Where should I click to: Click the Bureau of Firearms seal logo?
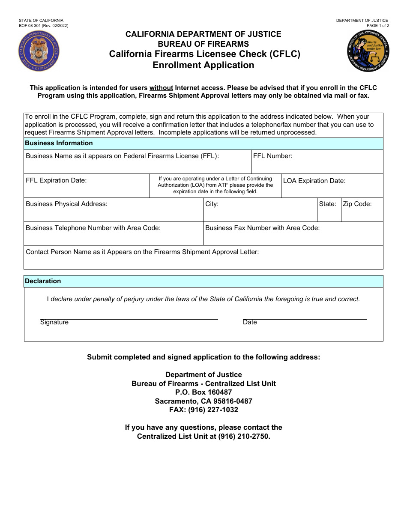pyautogui.click(x=39, y=51)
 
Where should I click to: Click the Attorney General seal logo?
pyautogui.click(x=368, y=51)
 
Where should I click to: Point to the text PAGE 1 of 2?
pyautogui.click(x=375, y=26)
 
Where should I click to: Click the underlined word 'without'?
pyautogui.click(x=161, y=88)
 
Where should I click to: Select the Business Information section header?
pyautogui.click(x=59, y=143)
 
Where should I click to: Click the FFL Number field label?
pyautogui.click(x=272, y=156)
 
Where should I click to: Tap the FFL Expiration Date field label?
pyautogui.click(x=56, y=180)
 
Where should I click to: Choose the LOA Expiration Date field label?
pyautogui.click(x=314, y=181)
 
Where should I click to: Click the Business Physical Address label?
pyautogui.click(x=66, y=204)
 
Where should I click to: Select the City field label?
pyautogui.click(x=212, y=204)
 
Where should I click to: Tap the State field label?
pyautogui.click(x=327, y=204)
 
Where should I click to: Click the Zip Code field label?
pyautogui.click(x=357, y=204)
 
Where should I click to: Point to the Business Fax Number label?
pyautogui.click(x=262, y=228)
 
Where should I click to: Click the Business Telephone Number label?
pyautogui.click(x=93, y=228)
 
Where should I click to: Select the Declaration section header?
pyautogui.click(x=43, y=281)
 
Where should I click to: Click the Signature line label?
pyautogui.click(x=54, y=322)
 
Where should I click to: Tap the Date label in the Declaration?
pyautogui.click(x=250, y=322)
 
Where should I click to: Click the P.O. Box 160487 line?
pyautogui.click(x=203, y=392)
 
